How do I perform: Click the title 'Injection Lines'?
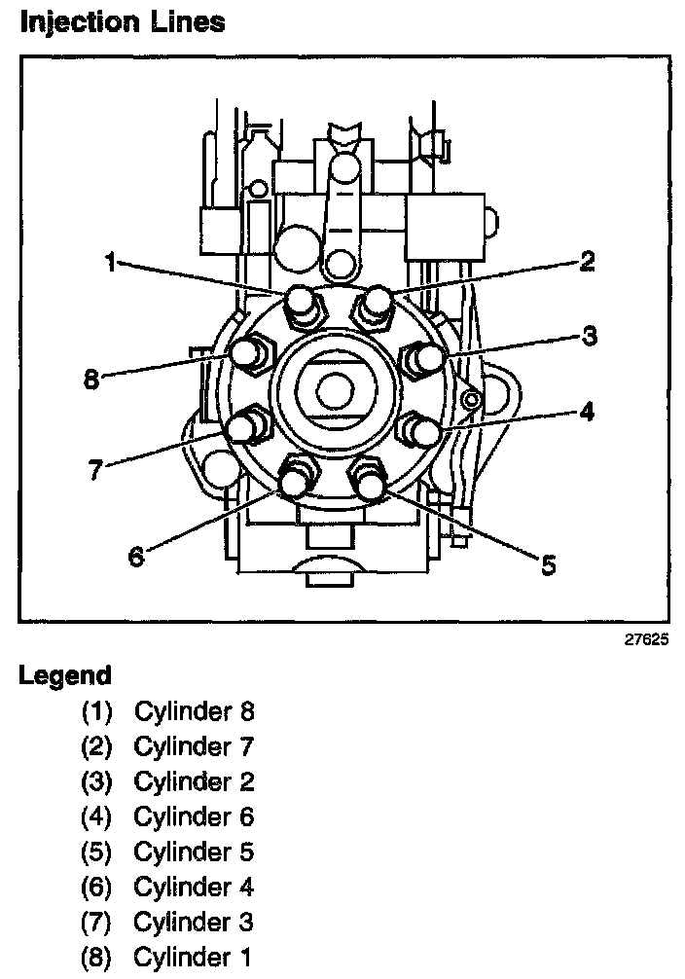pos(122,21)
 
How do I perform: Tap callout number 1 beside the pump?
pos(112,262)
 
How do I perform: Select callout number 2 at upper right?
pos(586,261)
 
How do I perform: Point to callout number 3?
pos(589,337)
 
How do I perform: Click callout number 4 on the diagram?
pos(586,411)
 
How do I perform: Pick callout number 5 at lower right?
pos(549,564)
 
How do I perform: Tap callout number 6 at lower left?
pos(136,557)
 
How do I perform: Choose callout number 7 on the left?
pos(94,470)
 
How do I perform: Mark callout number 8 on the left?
pos(91,379)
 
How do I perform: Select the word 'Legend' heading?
pos(65,674)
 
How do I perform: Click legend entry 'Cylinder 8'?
pos(194,711)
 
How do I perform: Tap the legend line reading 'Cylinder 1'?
pos(194,957)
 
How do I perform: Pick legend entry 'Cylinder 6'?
pos(194,816)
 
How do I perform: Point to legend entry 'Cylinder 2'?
pos(194,781)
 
